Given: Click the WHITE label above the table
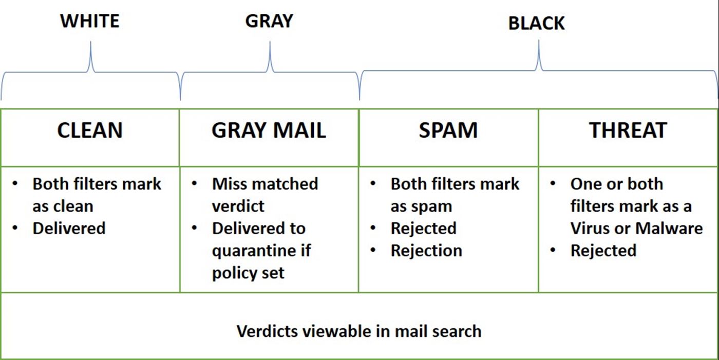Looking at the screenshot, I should point(90,21).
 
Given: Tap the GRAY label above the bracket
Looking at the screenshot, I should point(269,21).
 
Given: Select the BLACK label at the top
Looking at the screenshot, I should point(536,24).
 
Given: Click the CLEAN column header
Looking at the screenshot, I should point(90,130).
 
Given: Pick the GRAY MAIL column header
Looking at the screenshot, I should point(269,130).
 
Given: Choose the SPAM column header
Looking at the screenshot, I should point(448,130).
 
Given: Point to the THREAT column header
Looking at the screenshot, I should point(628,130).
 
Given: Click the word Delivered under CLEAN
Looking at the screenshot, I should point(69,228).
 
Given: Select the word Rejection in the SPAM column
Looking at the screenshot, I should point(426,251).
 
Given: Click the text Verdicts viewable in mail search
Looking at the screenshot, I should point(359,331).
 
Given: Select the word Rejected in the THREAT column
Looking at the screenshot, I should point(603,251).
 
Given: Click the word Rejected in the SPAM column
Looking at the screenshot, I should point(423,228).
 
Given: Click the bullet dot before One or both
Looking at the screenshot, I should point(553,183).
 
